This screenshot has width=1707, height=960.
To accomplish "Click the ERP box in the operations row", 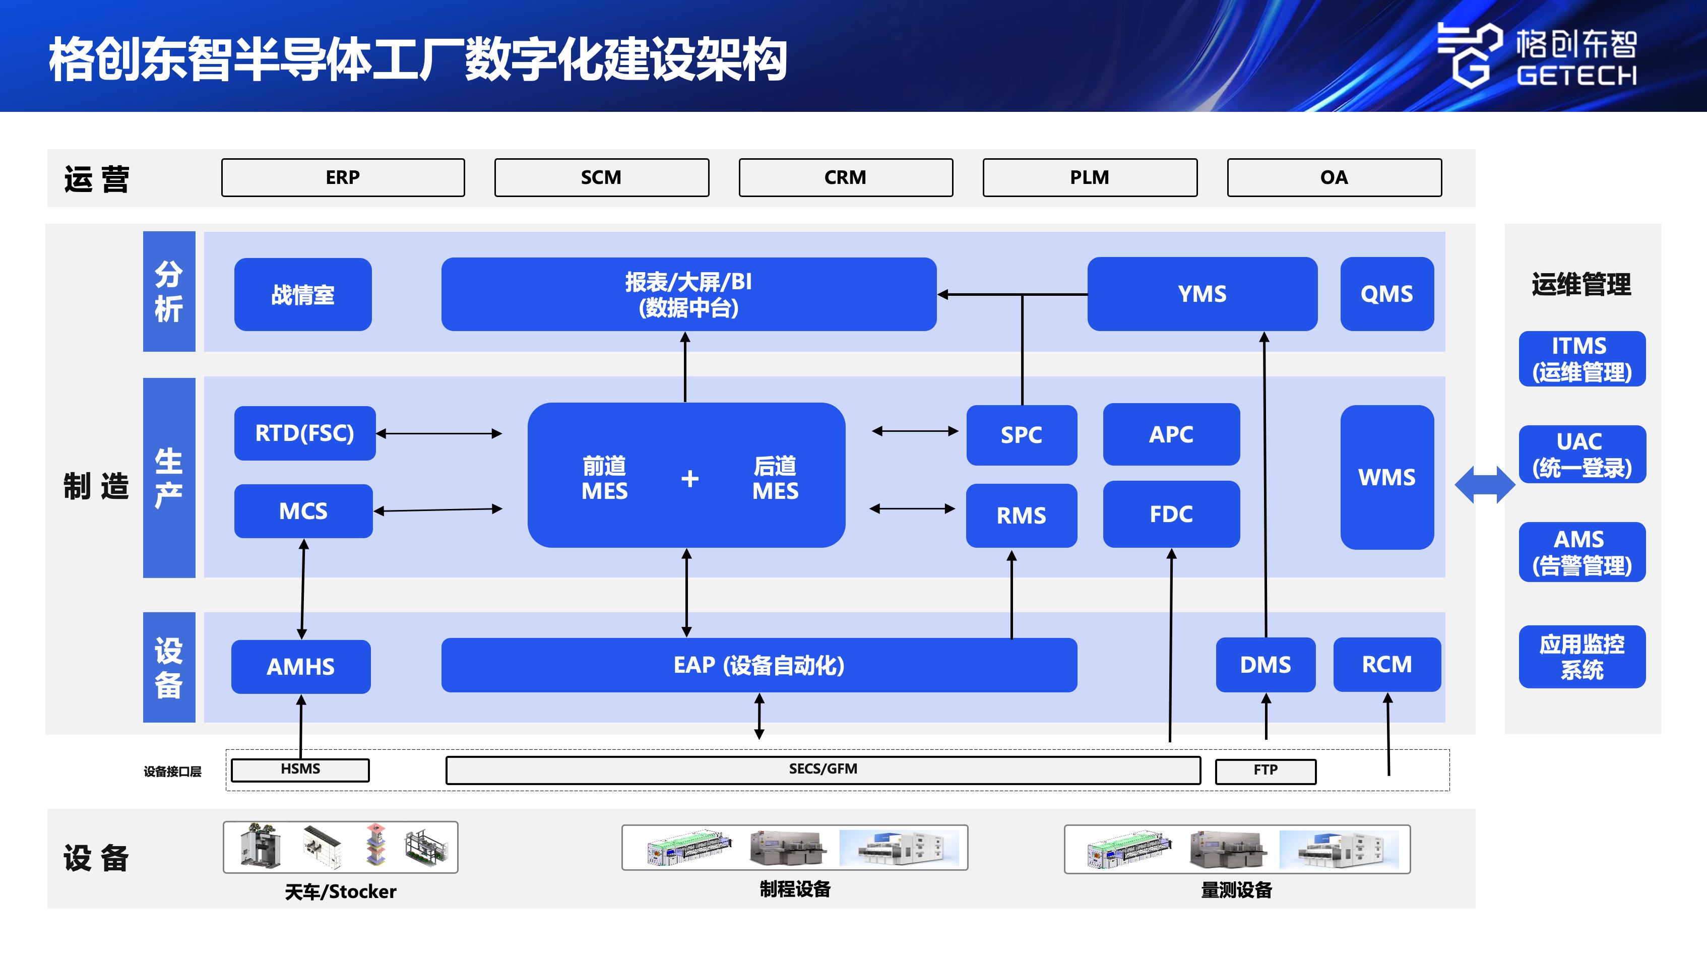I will point(343,177).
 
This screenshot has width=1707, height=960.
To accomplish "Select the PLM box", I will point(1090,177).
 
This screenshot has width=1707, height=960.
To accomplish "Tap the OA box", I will point(1334,177).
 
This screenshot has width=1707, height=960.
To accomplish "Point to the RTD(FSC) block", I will point(305,433).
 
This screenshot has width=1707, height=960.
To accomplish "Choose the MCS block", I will point(303,511).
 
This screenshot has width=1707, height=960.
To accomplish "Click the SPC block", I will point(1021,434).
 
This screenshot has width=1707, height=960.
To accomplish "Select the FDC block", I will point(1171,514).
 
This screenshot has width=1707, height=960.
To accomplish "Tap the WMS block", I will point(1386,477).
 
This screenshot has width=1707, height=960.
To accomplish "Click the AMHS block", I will point(301,667).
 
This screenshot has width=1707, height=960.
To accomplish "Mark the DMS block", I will point(1265,665).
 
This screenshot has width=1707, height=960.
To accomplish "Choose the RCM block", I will point(1386,665).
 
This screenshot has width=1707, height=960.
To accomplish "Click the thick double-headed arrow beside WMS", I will point(1484,484).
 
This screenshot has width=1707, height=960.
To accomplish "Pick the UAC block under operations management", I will point(1581,455).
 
